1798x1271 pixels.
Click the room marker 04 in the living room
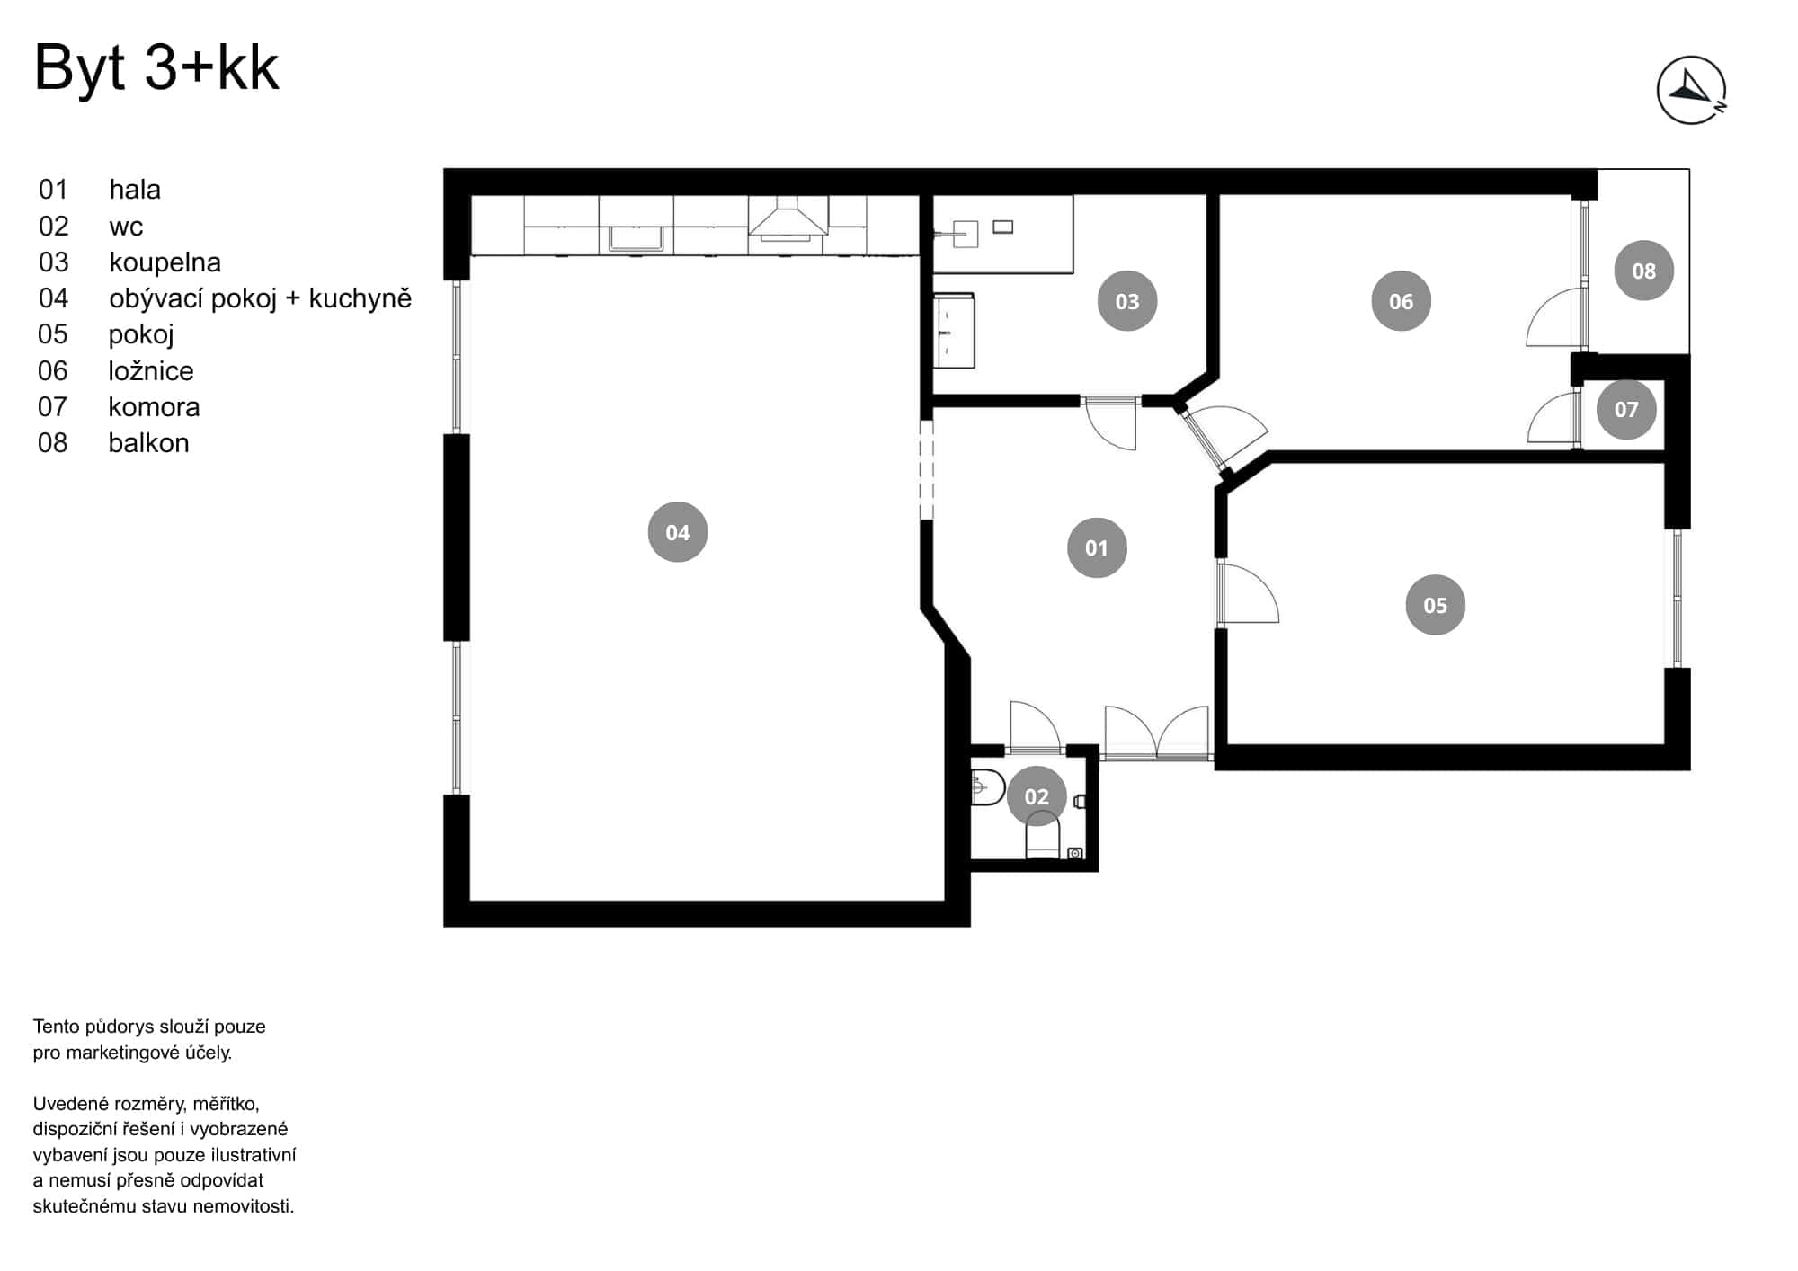click(x=677, y=532)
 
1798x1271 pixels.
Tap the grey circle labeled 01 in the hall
click(x=1096, y=547)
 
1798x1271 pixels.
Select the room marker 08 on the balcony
click(x=1643, y=271)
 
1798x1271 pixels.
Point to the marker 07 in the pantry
click(x=1625, y=409)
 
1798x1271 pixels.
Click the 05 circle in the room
click(x=1435, y=605)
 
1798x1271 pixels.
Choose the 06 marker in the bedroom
click(x=1401, y=301)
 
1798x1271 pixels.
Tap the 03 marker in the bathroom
click(x=1126, y=301)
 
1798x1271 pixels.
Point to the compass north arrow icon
click(x=1691, y=90)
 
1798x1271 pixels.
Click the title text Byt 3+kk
click(x=156, y=67)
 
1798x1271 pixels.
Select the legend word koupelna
click(x=165, y=262)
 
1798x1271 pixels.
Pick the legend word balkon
click(x=148, y=443)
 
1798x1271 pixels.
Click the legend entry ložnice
click(x=151, y=370)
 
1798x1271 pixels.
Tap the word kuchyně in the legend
click(x=360, y=298)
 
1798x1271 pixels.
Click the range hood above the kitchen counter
click(x=788, y=221)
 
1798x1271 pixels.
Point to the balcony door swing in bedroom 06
click(x=1555, y=319)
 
